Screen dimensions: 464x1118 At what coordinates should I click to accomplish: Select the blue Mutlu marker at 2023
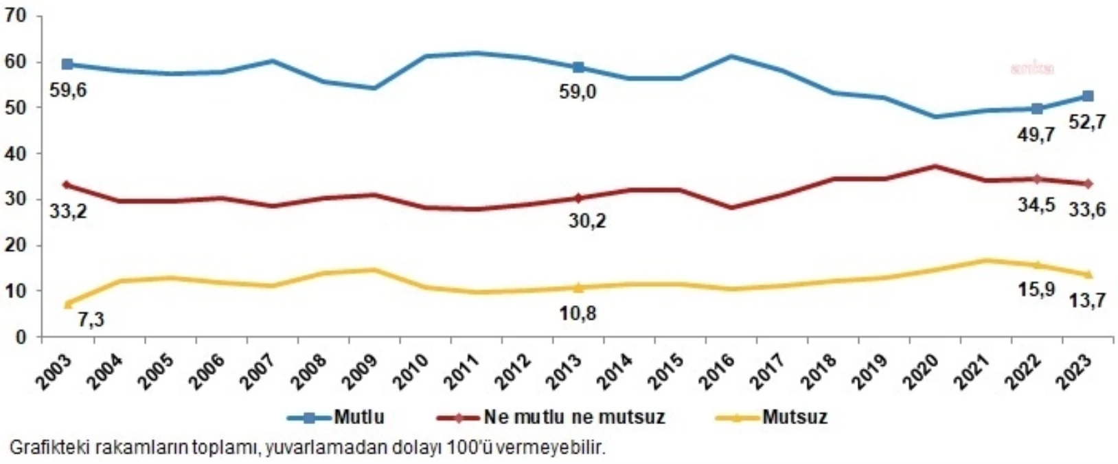1088,96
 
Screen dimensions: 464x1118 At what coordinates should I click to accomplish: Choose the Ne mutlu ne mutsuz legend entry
574,417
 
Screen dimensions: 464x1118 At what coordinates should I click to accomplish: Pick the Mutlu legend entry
358,417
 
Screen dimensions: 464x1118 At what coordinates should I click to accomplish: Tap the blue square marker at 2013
578,67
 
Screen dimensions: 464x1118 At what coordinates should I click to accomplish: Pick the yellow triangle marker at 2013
578,287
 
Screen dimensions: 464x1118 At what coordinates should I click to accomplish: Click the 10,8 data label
578,313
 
